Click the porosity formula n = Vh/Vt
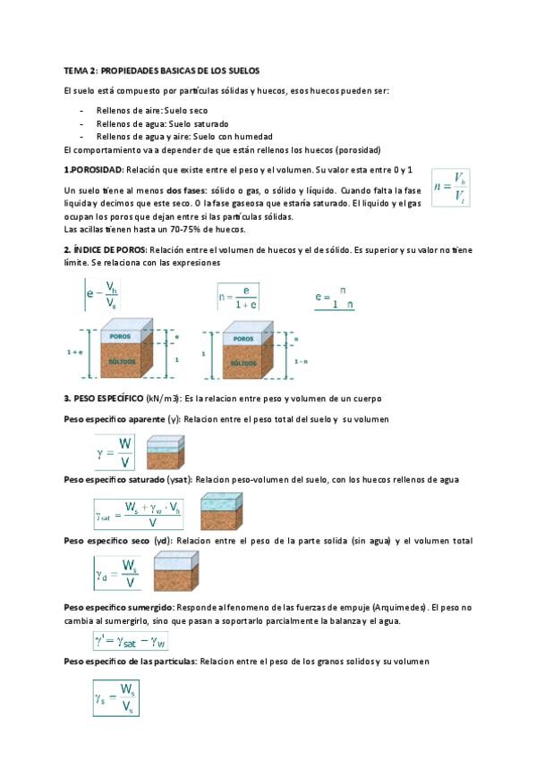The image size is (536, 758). tap(450, 188)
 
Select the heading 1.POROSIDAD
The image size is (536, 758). tap(94, 170)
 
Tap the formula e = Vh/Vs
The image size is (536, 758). tap(102, 294)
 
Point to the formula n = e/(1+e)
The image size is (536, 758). tap(238, 297)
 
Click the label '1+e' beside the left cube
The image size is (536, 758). tap(74, 352)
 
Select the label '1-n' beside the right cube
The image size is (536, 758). tap(301, 361)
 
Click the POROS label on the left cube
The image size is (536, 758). tap(120, 336)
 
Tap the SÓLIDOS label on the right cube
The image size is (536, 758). tap(243, 363)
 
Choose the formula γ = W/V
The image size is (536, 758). tap(115, 452)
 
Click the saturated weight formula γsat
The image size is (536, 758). tap(139, 514)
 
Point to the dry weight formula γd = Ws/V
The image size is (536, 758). tap(116, 573)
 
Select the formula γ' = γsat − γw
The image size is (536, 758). tap(131, 642)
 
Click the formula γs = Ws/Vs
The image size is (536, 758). tap(116, 698)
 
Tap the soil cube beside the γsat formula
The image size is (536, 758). tap(222, 511)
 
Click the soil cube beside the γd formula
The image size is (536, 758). tap(176, 572)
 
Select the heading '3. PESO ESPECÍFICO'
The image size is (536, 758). tap(104, 399)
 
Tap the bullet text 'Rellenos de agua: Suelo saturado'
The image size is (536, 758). tap(163, 123)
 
